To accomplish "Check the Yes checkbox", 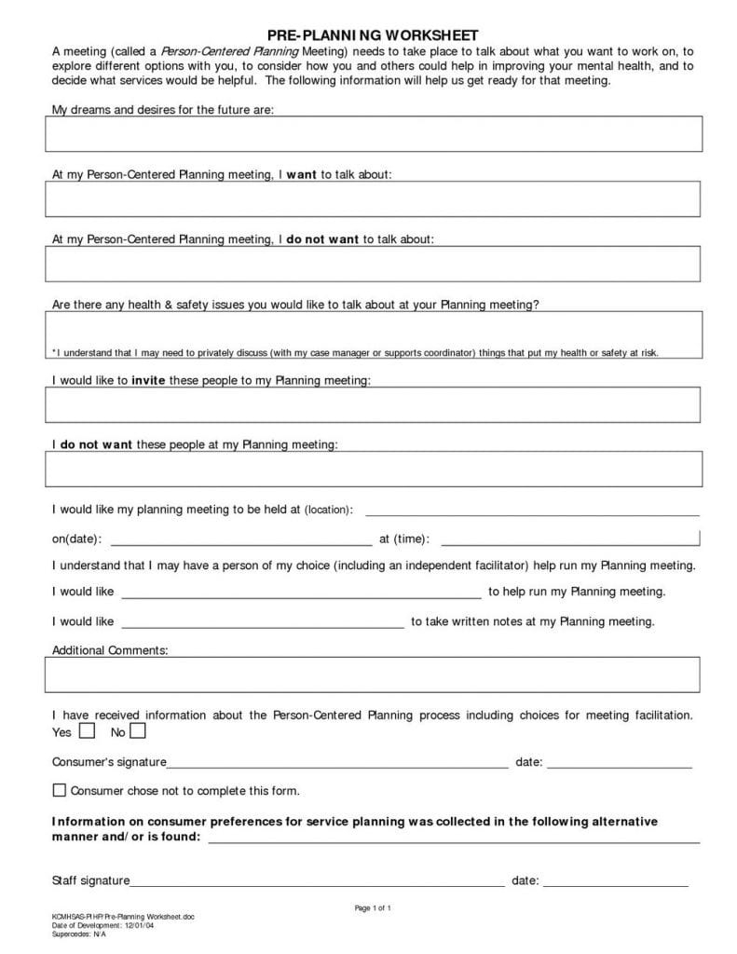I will click(x=88, y=730).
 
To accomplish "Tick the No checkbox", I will click(x=138, y=730).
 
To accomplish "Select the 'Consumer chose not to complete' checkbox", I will click(x=60, y=790).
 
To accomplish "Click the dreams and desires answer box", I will click(x=373, y=133).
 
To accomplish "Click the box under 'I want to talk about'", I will click(x=373, y=198).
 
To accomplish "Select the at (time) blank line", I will click(x=569, y=541).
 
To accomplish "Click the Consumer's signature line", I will click(x=336, y=766).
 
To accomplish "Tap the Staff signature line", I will click(x=317, y=883).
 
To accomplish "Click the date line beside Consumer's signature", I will click(x=619, y=766).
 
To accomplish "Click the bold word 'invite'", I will click(x=148, y=380).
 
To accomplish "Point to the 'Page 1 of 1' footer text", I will click(x=373, y=907).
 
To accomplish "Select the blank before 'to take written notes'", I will click(x=263, y=624).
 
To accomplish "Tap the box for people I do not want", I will click(x=373, y=469).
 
